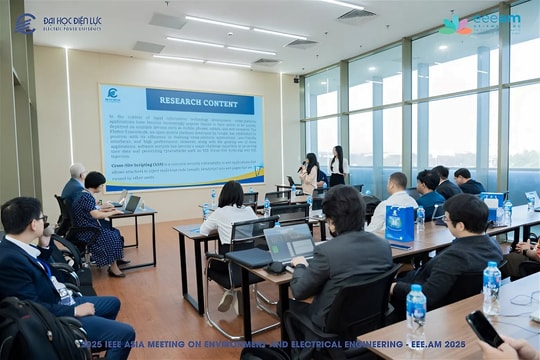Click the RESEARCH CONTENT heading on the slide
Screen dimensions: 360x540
pyautogui.click(x=199, y=100)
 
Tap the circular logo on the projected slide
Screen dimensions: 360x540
pyautogui.click(x=113, y=95)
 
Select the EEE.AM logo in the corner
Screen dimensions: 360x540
pyautogui.click(x=479, y=22)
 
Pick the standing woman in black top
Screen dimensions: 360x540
pyautogui.click(x=337, y=166)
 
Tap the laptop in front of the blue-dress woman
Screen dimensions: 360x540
pyautogui.click(x=131, y=203)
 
